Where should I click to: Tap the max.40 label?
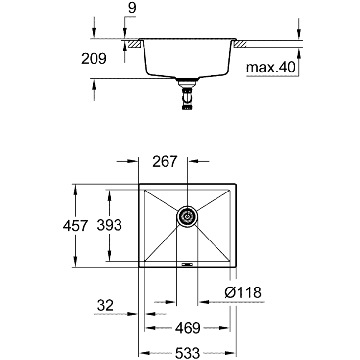click(x=271, y=67)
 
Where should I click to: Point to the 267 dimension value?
click(x=164, y=161)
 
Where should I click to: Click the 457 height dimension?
click(x=75, y=226)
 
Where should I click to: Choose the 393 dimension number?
click(x=108, y=226)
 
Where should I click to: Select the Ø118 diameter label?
click(x=242, y=292)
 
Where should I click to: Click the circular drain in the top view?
click(x=187, y=216)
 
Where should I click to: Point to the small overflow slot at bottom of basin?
click(x=187, y=265)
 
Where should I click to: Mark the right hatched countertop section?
click(x=241, y=45)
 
